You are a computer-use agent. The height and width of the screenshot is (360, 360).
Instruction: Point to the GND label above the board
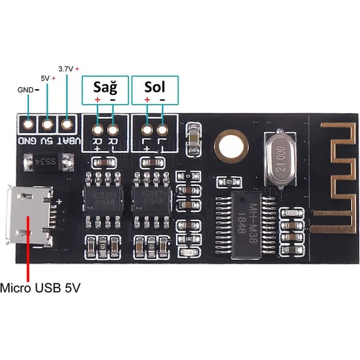pyautogui.click(x=26, y=89)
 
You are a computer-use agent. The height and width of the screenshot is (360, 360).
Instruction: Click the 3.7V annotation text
pyautogui.click(x=68, y=68)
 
